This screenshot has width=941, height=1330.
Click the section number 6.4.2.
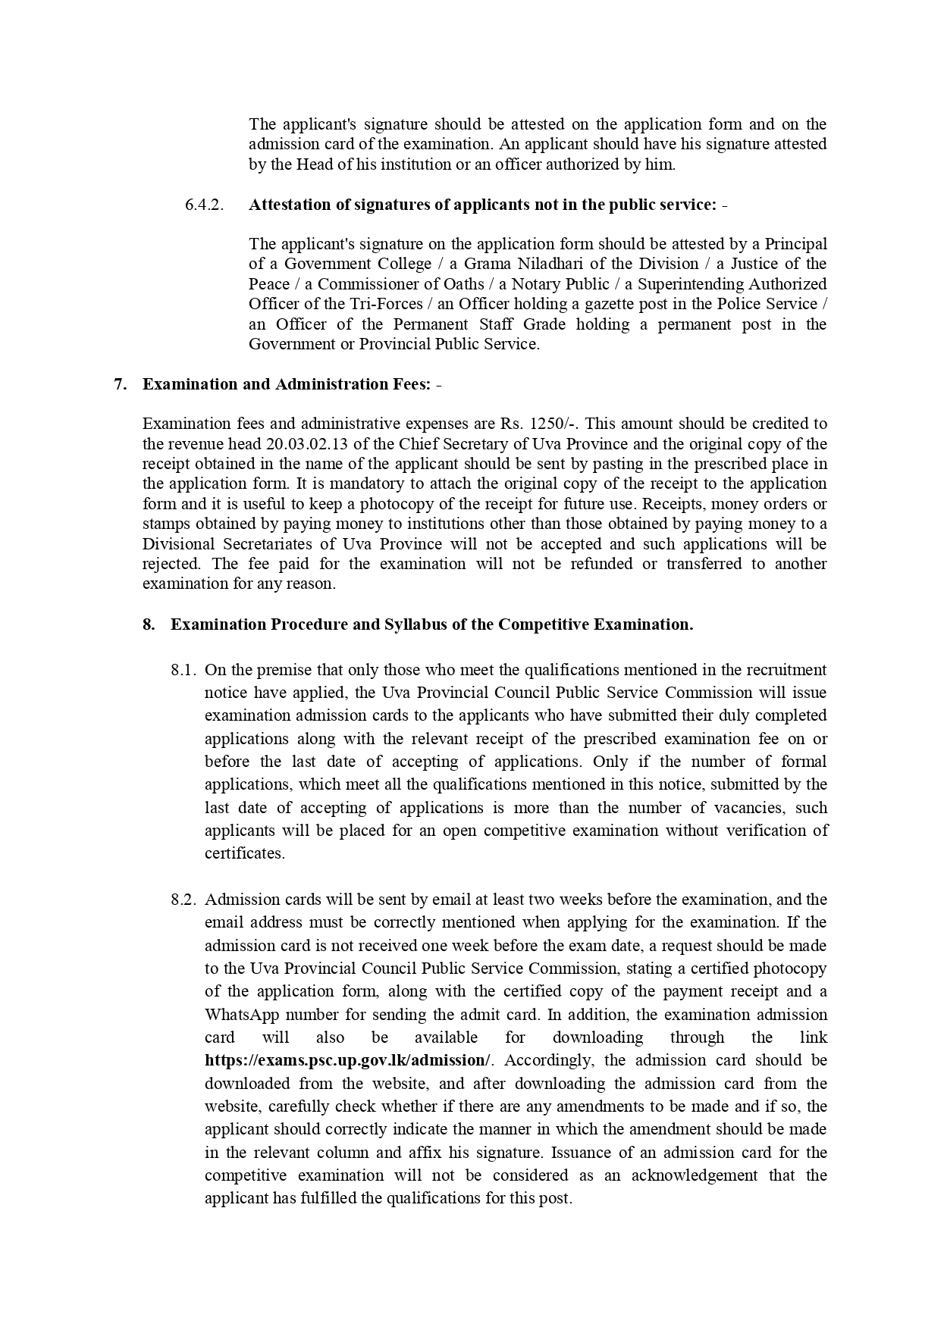[204, 205]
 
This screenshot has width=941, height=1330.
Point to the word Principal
[795, 244]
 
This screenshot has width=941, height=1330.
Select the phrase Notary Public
[560, 284]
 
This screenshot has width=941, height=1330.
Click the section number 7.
[120, 384]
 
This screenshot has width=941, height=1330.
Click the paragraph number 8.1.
[183, 670]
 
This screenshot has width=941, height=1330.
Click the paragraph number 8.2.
[183, 900]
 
